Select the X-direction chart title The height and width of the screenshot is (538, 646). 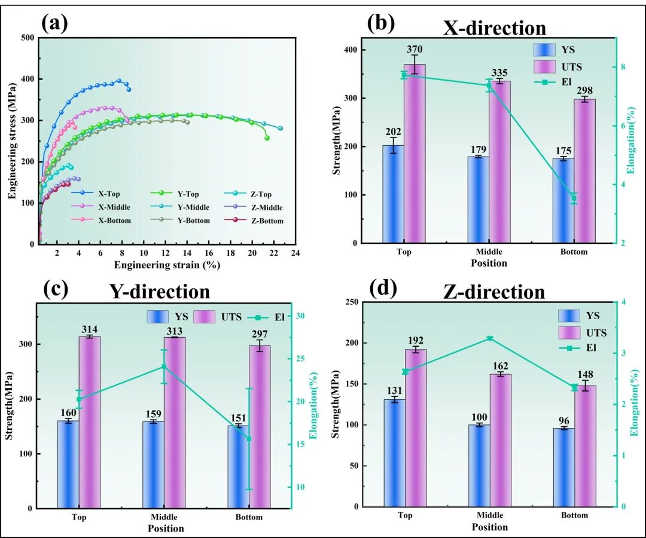pos(494,28)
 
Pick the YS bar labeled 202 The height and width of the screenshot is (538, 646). pos(393,194)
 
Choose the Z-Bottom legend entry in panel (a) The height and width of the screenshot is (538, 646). pos(257,221)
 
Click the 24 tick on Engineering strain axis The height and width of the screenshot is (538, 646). pos(295,253)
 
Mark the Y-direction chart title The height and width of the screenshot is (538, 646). pos(159,292)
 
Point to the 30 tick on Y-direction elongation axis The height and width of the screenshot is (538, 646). pos(302,316)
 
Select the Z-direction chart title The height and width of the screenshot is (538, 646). pos(494,292)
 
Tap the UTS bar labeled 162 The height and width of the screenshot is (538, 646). pos(501,440)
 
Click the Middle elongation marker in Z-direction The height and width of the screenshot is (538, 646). pos(490,338)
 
